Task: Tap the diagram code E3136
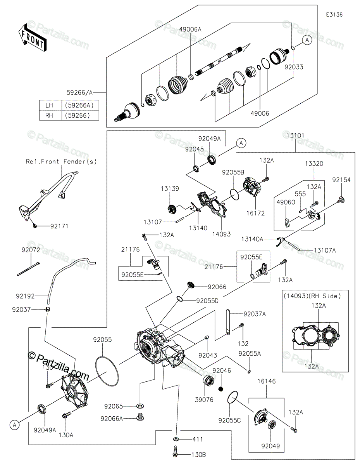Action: point(334,15)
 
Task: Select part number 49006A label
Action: point(191,30)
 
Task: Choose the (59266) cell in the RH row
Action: point(78,115)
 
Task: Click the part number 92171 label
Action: point(59,226)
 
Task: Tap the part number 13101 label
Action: point(296,136)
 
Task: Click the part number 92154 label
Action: point(341,180)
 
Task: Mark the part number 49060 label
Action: point(286,202)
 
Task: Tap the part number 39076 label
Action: point(205,400)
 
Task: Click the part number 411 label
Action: point(197,439)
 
